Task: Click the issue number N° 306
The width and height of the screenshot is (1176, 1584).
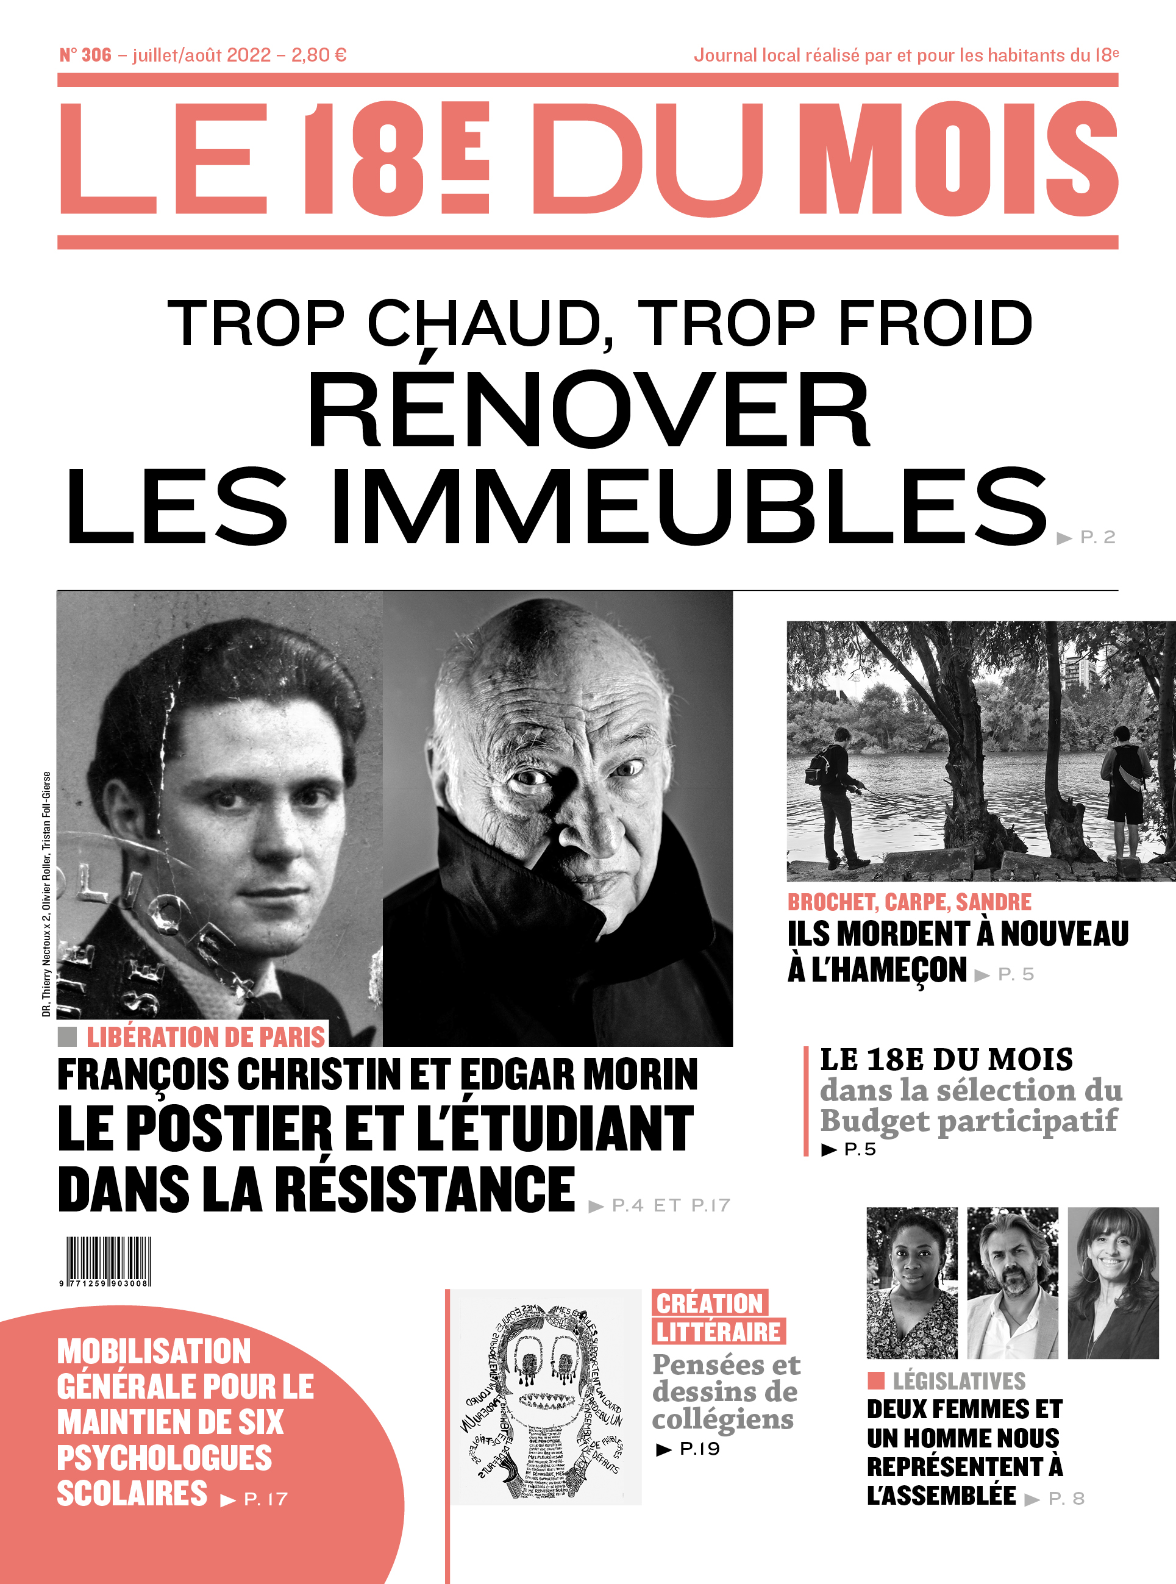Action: click(x=85, y=55)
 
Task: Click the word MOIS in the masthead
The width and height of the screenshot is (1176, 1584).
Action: click(x=958, y=158)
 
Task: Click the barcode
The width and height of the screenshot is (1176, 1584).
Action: click(x=108, y=1261)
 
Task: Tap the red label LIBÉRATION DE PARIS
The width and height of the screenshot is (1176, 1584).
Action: click(x=205, y=1036)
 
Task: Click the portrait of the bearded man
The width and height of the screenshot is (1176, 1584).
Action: click(x=1011, y=1282)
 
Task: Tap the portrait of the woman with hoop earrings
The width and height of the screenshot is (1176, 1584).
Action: click(x=1113, y=1282)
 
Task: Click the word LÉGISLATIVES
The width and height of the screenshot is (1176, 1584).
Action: click(x=958, y=1381)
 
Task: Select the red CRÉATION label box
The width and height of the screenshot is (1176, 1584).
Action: click(x=709, y=1304)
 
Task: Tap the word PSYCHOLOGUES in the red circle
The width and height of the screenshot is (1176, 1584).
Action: click(x=165, y=1457)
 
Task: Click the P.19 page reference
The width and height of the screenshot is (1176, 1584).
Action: click(x=699, y=1449)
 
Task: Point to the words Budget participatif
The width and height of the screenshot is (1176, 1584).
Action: click(x=968, y=1121)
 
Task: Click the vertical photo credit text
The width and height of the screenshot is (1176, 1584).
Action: click(x=46, y=893)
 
